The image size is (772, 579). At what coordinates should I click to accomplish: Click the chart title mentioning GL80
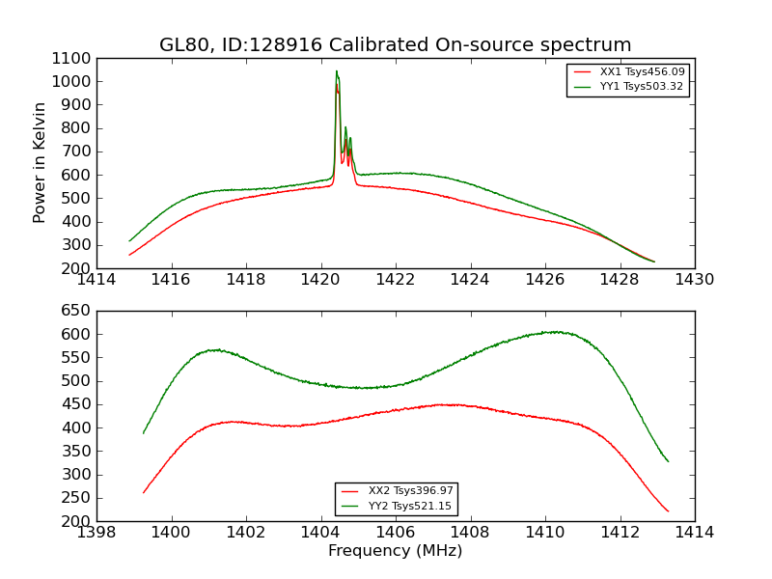[395, 45]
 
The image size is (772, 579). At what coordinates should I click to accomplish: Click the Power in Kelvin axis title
[40, 162]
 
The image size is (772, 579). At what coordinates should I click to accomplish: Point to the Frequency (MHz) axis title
[395, 551]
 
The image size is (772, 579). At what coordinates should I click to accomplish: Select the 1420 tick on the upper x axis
[321, 280]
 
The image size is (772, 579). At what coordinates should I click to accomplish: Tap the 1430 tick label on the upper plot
[695, 280]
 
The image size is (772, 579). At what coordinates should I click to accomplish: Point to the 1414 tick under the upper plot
[96, 280]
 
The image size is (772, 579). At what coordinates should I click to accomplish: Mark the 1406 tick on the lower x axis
[396, 533]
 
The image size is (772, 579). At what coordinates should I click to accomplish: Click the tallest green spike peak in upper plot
[337, 71]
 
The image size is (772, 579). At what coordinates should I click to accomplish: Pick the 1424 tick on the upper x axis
[471, 280]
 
